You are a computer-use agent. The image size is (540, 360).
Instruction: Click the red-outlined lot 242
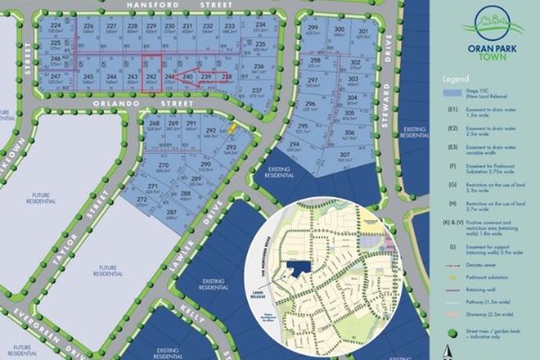click(x=150, y=78)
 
